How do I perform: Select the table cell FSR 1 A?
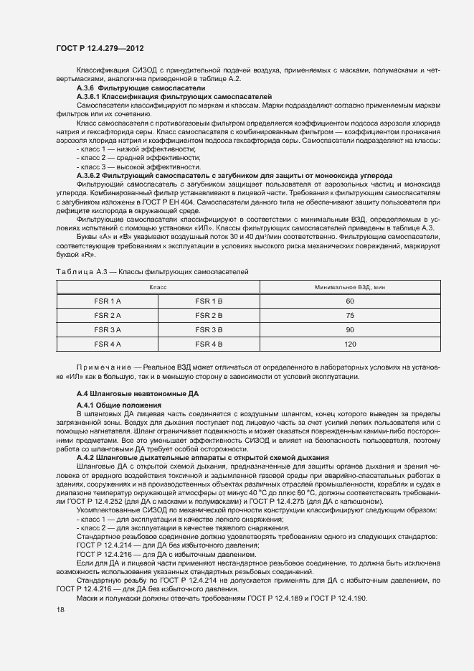coord(108,301)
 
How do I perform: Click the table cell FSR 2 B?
coord(209,315)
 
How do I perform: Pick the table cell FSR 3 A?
coord(108,329)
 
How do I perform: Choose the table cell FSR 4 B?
coord(209,344)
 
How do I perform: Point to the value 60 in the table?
coord(350,301)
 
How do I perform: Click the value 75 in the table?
coord(350,315)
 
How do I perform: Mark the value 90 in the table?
coord(350,329)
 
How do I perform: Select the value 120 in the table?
coord(350,344)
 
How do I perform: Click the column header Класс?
coord(158,286)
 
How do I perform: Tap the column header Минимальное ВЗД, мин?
coord(350,286)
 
